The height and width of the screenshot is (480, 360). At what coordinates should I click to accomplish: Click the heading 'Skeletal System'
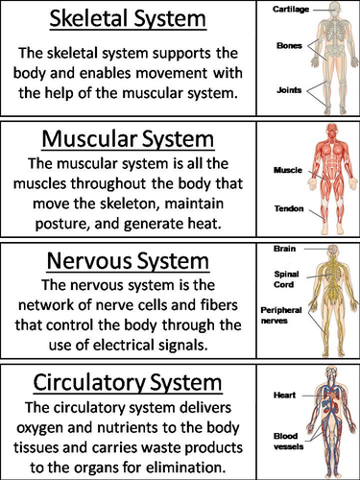[x=128, y=19]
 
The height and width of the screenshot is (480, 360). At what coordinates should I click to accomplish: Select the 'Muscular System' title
[x=128, y=139]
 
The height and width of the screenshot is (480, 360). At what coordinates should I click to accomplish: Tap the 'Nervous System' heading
[x=128, y=261]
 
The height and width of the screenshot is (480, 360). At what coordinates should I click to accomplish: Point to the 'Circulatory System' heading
[x=128, y=383]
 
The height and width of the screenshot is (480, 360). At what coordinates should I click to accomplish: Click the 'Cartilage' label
[x=291, y=10]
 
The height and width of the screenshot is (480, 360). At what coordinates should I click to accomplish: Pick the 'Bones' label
[x=289, y=46]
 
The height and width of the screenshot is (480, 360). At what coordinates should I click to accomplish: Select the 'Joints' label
[x=289, y=90]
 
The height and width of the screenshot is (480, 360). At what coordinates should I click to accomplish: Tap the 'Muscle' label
[x=288, y=170]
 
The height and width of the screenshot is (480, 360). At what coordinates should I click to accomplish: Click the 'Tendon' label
[x=289, y=208]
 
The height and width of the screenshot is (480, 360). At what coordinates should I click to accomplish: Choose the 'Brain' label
[x=284, y=249]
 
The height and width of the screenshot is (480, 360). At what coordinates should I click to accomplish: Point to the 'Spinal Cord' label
[x=286, y=279]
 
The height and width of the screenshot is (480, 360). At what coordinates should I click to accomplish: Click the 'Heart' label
[x=284, y=396]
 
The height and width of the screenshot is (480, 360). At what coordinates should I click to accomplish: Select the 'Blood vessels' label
[x=288, y=442]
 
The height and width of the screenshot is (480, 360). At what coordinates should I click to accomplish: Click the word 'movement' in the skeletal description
[x=171, y=73]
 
